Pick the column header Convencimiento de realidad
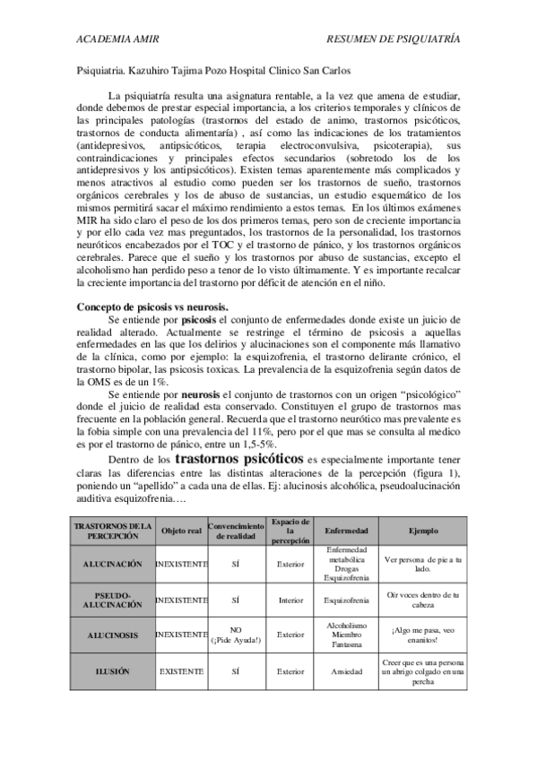click(x=236, y=530)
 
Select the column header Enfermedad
click(x=345, y=531)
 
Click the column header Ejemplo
click(x=423, y=531)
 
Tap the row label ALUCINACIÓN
click(x=113, y=565)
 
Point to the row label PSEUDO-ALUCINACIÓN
click(x=113, y=599)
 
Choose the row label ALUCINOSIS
click(x=113, y=635)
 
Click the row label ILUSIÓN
click(x=113, y=669)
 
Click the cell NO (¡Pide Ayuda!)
click(x=236, y=635)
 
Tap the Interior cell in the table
click(x=290, y=599)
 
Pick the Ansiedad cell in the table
click(x=345, y=669)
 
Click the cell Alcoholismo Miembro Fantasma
click(x=345, y=635)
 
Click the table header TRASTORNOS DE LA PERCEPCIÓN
click(x=113, y=530)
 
